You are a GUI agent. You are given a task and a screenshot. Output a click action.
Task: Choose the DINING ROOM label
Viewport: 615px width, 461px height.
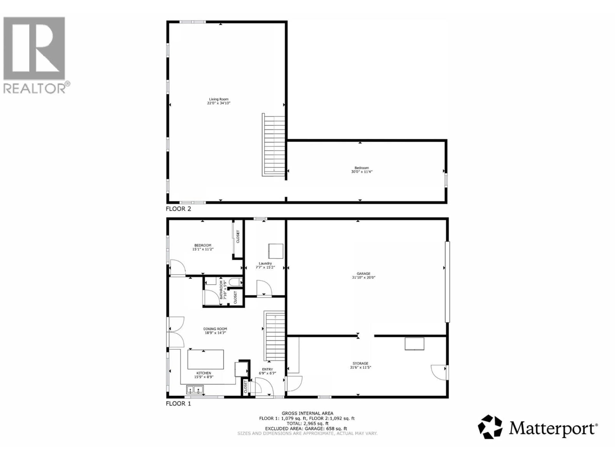tap(215, 329)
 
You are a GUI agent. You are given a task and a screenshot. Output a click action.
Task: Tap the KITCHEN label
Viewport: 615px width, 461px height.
tap(204, 373)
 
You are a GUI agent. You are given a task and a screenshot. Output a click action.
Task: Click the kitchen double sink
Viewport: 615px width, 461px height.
tap(195, 390)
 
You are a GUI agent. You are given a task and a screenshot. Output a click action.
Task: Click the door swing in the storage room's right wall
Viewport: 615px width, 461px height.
tap(439, 372)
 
